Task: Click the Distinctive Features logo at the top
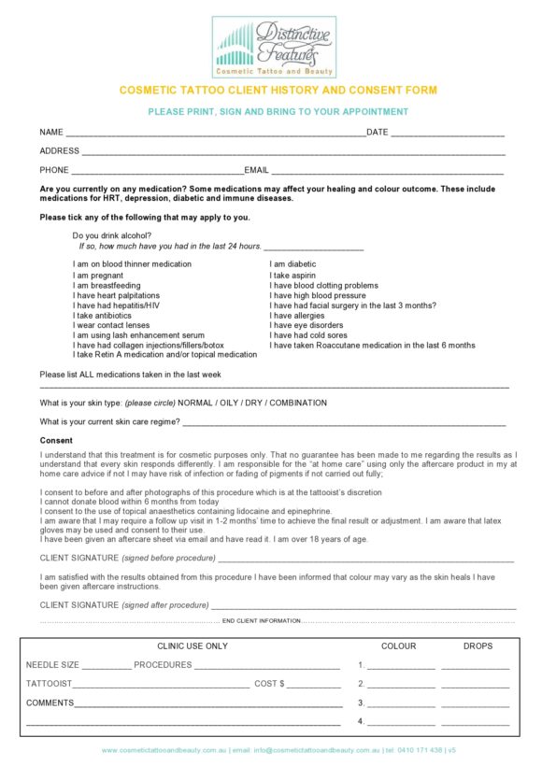274,46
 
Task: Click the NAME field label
51,133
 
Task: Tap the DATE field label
377,133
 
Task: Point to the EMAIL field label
257,171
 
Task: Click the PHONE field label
54,171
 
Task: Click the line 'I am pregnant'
98,276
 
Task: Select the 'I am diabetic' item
292,264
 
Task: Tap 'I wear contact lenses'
110,325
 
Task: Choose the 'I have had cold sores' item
308,335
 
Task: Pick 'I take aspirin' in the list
292,276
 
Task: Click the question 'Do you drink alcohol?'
111,235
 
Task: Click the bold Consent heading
56,440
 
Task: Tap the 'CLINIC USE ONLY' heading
192,646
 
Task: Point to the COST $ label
268,684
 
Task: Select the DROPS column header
477,646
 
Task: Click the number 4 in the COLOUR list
361,722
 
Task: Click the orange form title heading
278,91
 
